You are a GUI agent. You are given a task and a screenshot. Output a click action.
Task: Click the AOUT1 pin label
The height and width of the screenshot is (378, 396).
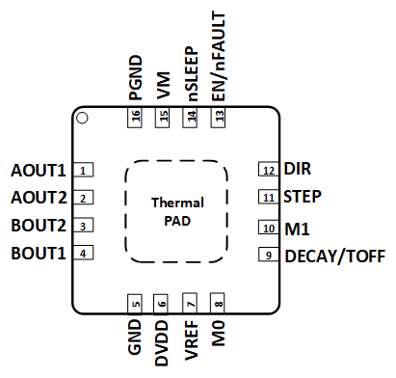pos(38,172)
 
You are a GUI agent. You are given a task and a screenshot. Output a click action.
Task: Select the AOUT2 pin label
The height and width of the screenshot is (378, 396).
pos(38,199)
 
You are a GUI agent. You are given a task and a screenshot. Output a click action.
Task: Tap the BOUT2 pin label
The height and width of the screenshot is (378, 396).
pos(38,227)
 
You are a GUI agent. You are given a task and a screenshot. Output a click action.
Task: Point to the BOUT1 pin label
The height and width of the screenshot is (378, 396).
pos(38,254)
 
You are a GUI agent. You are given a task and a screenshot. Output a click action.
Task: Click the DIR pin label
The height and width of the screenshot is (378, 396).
pos(298,170)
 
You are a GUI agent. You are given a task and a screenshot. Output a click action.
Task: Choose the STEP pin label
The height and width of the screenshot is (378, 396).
pos(303,197)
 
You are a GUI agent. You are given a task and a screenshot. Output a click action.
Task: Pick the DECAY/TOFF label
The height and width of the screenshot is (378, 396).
pos(334,256)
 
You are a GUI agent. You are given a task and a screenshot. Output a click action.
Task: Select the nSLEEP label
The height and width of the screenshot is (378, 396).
pos(192,69)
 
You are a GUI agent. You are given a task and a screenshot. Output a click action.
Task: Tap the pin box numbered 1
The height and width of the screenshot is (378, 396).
pos(85,172)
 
